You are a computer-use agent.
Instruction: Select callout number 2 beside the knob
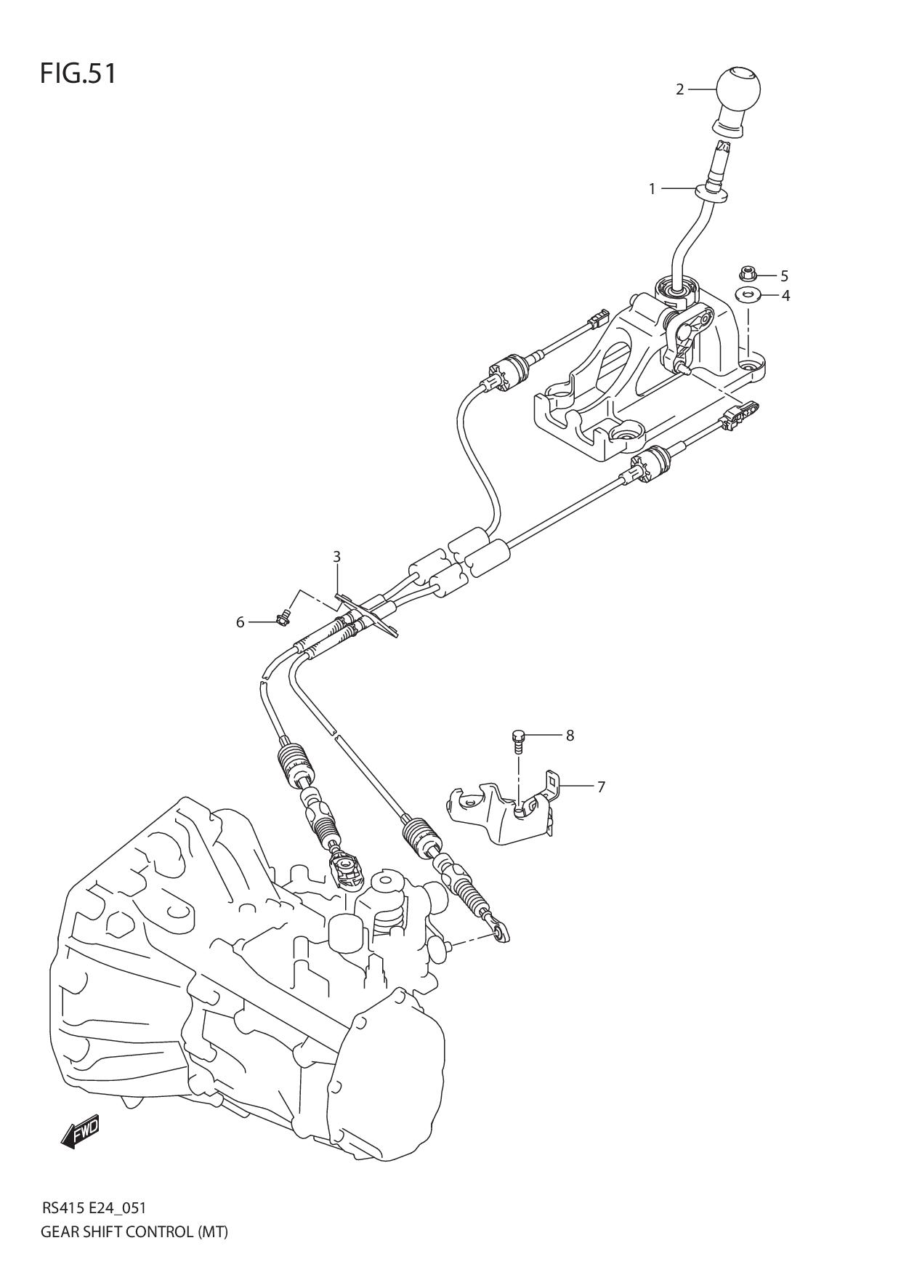679,89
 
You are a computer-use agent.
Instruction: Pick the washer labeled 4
746,294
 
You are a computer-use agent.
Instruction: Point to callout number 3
336,557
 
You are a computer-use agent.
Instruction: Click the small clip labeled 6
282,619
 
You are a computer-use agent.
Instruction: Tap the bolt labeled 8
517,739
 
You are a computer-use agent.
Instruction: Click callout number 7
601,787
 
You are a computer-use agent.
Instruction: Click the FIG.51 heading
78,73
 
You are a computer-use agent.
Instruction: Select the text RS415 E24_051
94,1208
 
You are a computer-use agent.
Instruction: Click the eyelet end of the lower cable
499,932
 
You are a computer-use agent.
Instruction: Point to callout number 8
570,735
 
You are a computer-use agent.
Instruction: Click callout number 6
240,623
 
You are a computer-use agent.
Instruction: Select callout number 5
784,275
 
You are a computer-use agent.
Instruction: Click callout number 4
785,296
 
